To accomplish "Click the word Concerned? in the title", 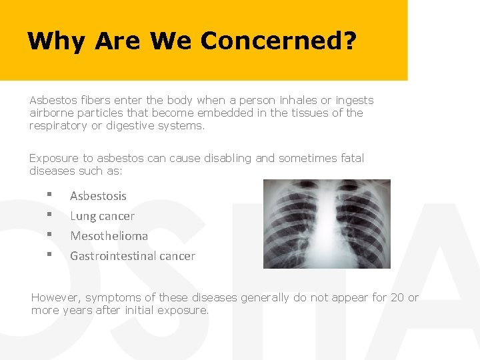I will (x=279, y=41).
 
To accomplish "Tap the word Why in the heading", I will (x=56, y=41).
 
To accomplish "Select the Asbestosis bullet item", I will (x=98, y=196).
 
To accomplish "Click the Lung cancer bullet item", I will (x=102, y=216).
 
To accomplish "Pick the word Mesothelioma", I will (x=109, y=236).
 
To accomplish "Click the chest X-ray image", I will (x=327, y=224).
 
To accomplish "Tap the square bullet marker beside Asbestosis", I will (x=49, y=195).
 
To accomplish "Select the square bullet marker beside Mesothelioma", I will (x=49, y=235).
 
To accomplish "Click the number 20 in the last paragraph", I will (x=397, y=298).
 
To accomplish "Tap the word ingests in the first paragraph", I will (x=354, y=101).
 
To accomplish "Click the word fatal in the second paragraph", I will (x=351, y=159).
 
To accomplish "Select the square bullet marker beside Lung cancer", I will (x=49, y=215).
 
